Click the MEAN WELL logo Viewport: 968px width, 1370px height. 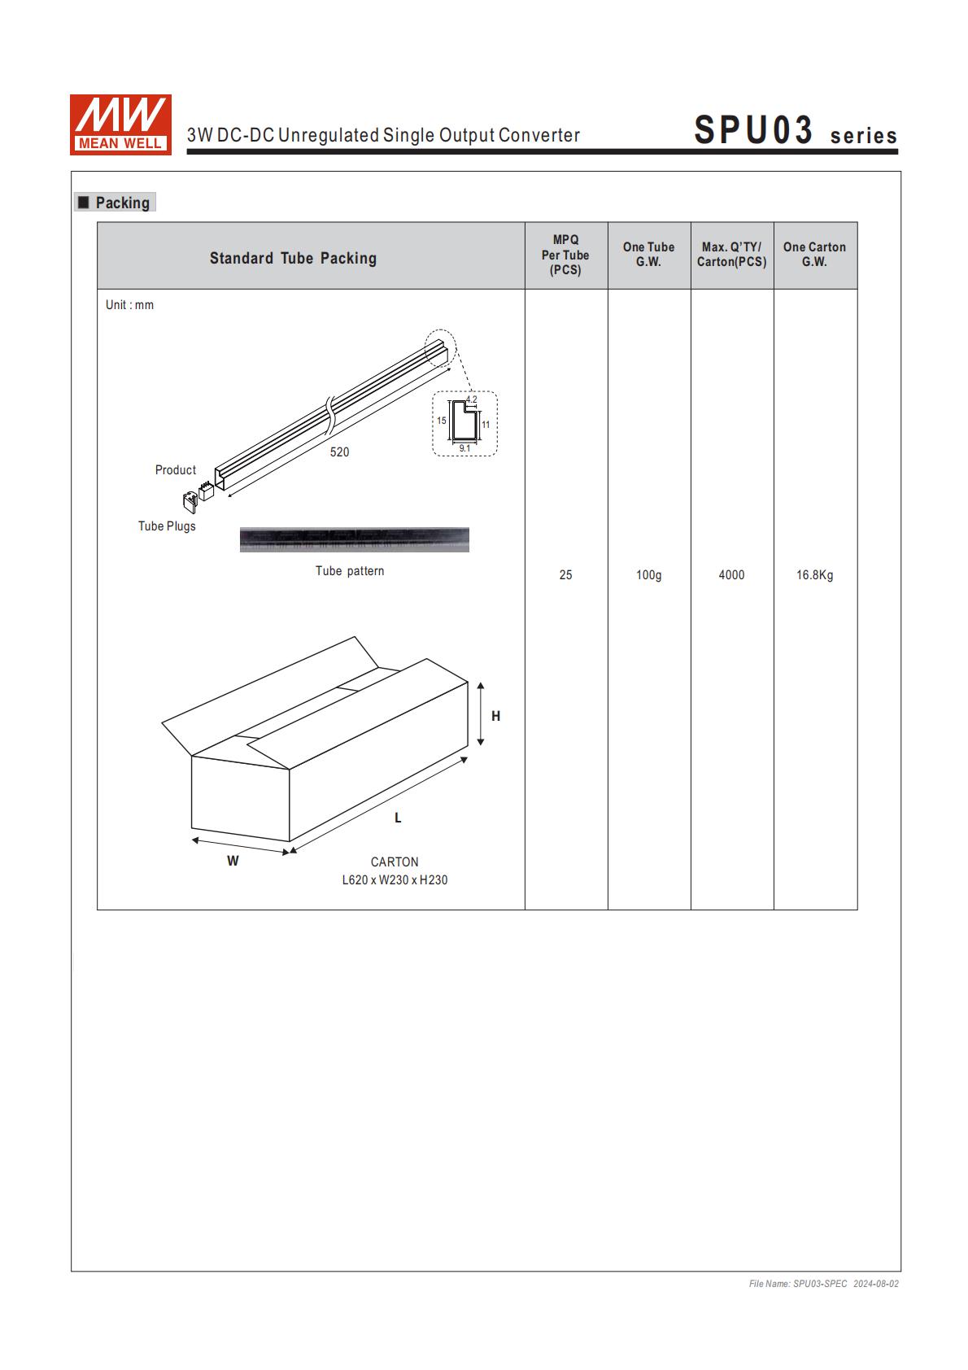click(x=120, y=124)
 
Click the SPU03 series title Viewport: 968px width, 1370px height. click(x=795, y=131)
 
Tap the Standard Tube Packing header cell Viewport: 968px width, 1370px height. click(x=293, y=258)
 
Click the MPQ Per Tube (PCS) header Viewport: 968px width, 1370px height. click(x=565, y=255)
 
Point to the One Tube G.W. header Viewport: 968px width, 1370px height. click(x=648, y=255)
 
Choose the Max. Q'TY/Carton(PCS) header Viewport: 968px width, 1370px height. click(x=731, y=255)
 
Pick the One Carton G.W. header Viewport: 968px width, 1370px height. click(x=814, y=255)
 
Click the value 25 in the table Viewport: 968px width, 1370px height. click(x=565, y=575)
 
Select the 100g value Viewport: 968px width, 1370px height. click(x=648, y=575)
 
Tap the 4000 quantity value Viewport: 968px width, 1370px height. click(x=731, y=575)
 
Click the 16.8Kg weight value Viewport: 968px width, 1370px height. click(x=814, y=575)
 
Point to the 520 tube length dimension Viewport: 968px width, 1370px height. click(x=339, y=452)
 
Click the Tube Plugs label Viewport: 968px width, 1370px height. click(x=167, y=526)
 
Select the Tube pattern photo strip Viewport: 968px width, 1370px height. click(x=354, y=539)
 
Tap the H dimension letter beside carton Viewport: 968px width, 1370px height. click(x=496, y=716)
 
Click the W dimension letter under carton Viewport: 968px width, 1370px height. click(x=233, y=861)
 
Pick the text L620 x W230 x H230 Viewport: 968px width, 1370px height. click(x=395, y=879)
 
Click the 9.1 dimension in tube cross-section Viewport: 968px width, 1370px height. click(x=464, y=448)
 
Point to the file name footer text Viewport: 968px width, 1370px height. click(x=823, y=1284)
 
